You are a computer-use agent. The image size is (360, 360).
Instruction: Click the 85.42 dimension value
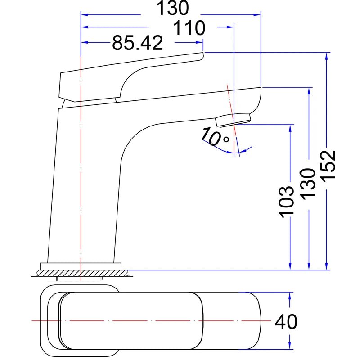(x=138, y=43)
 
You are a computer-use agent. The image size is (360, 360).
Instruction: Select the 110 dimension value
(x=189, y=28)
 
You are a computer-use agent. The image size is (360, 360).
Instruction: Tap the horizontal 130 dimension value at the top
(x=173, y=8)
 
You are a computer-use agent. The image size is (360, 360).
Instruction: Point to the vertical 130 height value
(x=308, y=184)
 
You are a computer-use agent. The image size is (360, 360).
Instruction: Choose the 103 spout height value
(x=286, y=202)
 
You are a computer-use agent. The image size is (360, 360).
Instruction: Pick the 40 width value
(x=286, y=321)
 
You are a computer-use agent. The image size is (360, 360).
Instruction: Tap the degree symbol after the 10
(x=226, y=139)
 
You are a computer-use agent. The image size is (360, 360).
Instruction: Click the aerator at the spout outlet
(x=233, y=120)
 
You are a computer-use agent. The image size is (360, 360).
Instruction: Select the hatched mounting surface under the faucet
(x=82, y=273)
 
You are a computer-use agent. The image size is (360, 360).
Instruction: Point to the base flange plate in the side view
(x=81, y=266)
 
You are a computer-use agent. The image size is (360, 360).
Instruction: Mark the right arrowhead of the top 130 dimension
(x=257, y=15)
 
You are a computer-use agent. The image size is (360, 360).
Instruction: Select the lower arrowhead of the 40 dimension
(x=289, y=346)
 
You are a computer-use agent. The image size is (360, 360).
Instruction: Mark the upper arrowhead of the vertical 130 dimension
(x=309, y=91)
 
